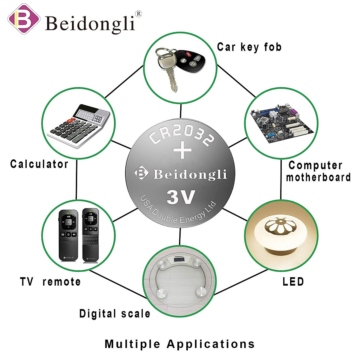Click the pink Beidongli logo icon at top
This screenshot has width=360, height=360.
click(23, 19)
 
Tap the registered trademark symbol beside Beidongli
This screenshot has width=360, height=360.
click(138, 13)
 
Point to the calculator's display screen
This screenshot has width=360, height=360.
click(90, 115)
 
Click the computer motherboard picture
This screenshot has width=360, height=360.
click(281, 123)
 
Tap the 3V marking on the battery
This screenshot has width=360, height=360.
click(181, 197)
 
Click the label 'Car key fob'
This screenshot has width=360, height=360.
click(249, 47)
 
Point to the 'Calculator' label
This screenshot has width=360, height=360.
click(39, 164)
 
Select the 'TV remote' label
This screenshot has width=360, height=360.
click(50, 282)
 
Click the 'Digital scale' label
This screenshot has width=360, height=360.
click(115, 313)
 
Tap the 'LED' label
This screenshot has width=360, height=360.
click(293, 282)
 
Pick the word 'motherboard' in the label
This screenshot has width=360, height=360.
click(318, 177)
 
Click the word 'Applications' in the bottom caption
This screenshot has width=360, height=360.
click(211, 344)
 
